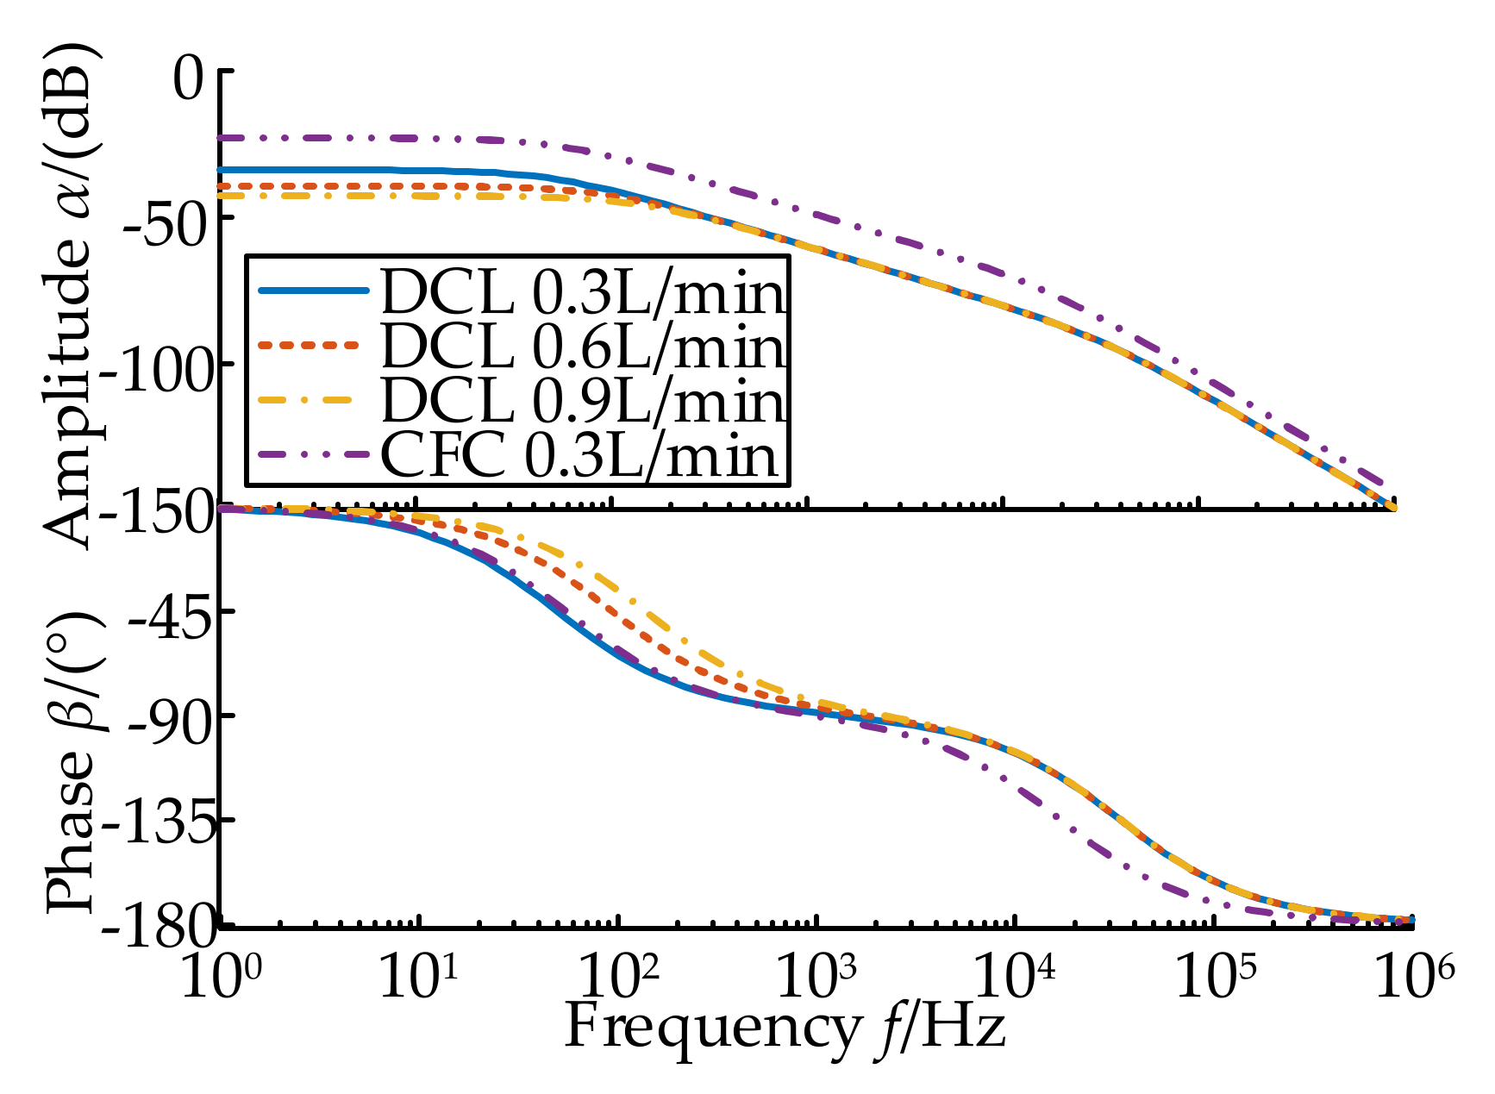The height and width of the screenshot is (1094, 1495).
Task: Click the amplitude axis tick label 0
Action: click(x=191, y=79)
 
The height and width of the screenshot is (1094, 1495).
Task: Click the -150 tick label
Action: click(x=157, y=515)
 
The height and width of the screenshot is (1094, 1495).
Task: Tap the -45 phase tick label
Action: click(x=169, y=617)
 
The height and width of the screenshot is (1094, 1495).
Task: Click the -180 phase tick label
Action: click(x=157, y=928)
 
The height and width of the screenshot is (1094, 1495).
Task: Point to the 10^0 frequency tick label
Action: click(x=221, y=978)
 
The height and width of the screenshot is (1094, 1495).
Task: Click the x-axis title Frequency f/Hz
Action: click(x=785, y=1029)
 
